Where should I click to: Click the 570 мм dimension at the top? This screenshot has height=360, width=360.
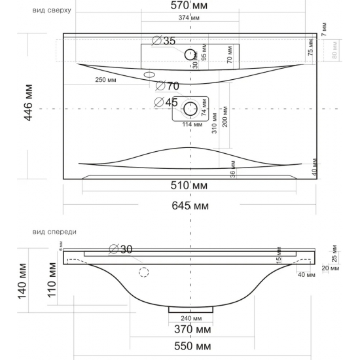[x=190, y=7]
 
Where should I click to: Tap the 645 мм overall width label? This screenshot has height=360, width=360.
[x=190, y=206]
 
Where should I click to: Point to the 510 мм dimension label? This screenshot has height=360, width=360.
[x=190, y=186]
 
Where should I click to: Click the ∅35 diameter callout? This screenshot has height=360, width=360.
[x=164, y=41]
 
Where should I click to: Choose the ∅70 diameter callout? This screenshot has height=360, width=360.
[x=168, y=86]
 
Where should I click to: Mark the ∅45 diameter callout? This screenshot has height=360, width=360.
[x=166, y=102]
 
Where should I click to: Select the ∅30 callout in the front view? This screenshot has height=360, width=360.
[x=122, y=248]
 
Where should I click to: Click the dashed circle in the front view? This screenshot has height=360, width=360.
[x=143, y=272]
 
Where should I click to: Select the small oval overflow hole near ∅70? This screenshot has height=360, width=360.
[x=149, y=75]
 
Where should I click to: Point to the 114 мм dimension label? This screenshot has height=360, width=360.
[x=190, y=124]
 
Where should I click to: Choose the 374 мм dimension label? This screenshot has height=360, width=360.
[x=190, y=18]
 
